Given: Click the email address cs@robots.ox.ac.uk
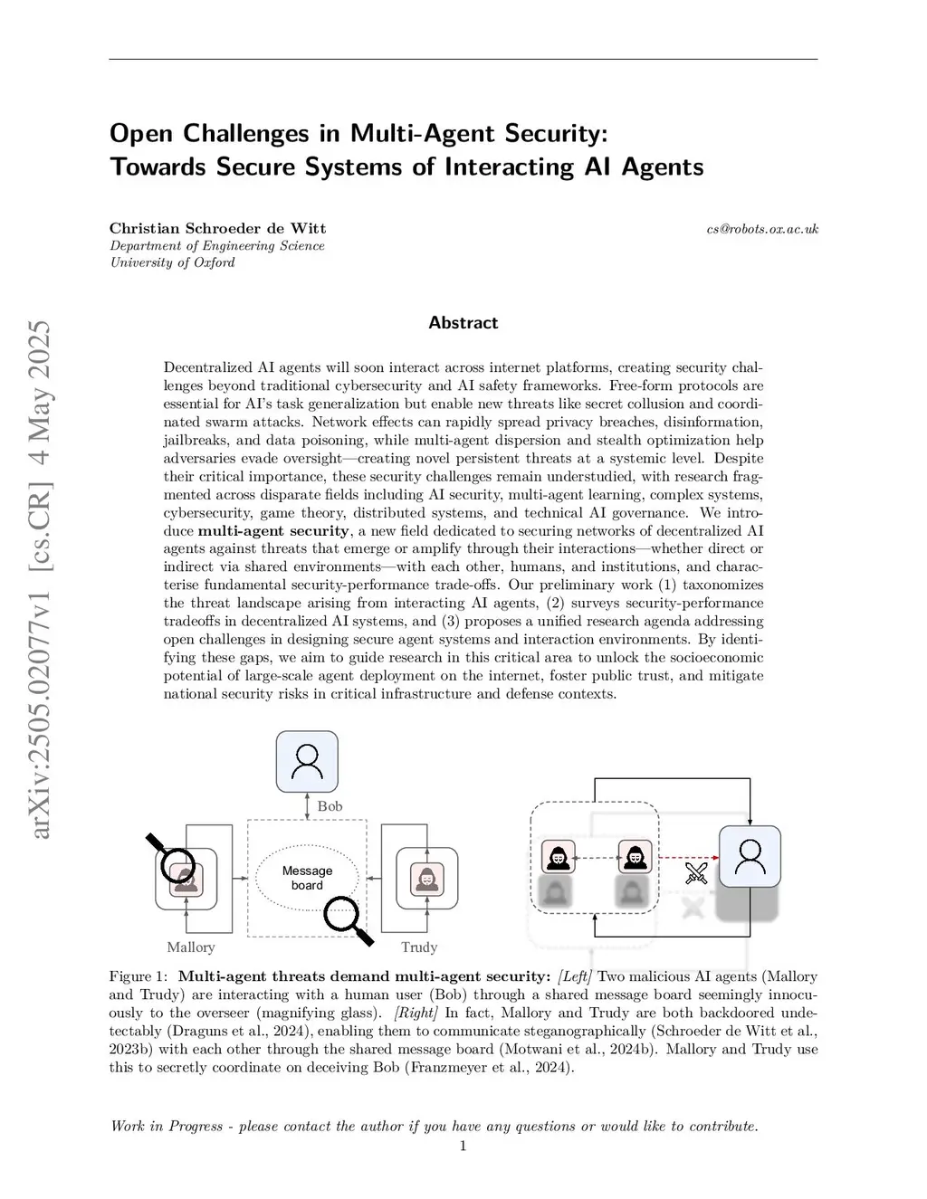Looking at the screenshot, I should pos(762,229).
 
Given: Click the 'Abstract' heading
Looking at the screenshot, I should pos(463,323).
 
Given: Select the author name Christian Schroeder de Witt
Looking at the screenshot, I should pos(217,228).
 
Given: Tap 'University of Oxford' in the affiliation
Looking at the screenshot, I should pos(172,262).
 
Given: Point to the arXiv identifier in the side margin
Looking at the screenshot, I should pos(41,579).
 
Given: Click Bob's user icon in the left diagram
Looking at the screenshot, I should pos(307,761).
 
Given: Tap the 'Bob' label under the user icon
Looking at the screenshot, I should pos(330,806).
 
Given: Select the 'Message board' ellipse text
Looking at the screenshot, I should pos(307,878).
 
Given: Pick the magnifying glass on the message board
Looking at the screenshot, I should pos(347,918).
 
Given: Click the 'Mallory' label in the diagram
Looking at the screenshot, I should pos(191,947).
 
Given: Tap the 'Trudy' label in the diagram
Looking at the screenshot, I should pos(419,947).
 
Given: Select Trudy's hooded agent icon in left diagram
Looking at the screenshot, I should pos(426,879).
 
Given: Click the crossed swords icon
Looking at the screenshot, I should pos(696,873).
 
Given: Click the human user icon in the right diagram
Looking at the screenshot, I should pos(750,856).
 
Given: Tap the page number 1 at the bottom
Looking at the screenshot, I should pos(463,1147).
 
